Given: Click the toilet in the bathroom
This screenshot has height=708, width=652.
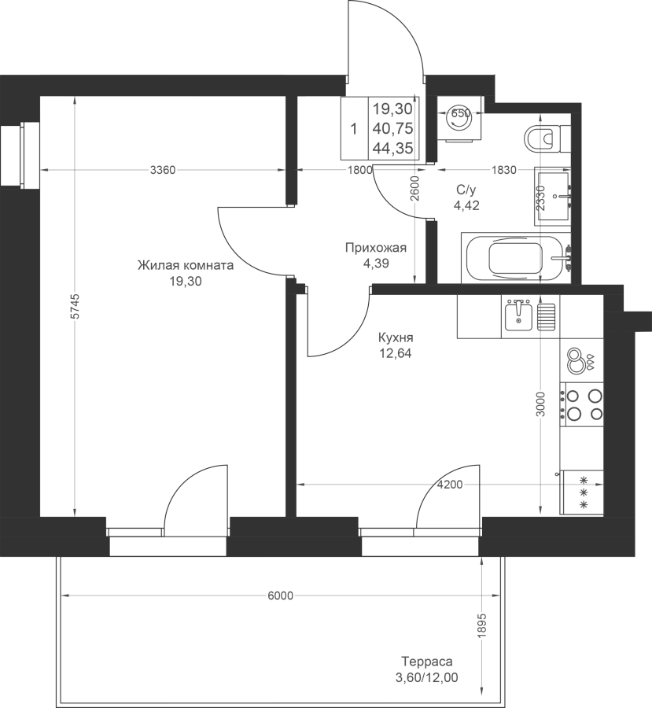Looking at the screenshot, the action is (x=547, y=137).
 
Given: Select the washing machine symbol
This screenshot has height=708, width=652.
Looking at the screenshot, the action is (x=459, y=119).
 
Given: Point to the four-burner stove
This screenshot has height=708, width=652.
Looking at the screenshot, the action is (x=582, y=405).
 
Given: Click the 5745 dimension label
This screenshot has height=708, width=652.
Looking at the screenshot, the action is (x=75, y=306).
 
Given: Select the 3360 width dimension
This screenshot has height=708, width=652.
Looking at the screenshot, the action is (x=163, y=170).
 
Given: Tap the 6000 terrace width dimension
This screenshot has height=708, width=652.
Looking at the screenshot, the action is (x=281, y=596).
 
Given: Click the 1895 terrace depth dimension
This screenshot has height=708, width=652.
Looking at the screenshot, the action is (x=483, y=625).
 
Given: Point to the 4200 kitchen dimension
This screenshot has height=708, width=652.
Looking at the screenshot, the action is (x=450, y=485).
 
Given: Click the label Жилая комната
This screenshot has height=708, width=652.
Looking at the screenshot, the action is (x=186, y=265).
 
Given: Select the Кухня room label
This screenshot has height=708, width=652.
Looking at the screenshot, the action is (x=396, y=337).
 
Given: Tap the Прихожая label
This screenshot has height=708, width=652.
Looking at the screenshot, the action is (x=376, y=248).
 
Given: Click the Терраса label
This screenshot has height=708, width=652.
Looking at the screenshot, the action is (x=427, y=662).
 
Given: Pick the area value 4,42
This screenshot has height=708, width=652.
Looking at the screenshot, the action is (x=466, y=206).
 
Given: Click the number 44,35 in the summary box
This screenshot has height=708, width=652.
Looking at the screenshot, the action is (x=392, y=148).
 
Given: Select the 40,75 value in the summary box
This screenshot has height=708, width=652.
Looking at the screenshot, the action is (x=392, y=129).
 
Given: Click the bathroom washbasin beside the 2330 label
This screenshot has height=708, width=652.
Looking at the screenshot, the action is (x=553, y=196).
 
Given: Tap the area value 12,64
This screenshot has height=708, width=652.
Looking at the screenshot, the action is (x=396, y=353).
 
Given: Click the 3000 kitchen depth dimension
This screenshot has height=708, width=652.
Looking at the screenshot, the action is (x=541, y=404).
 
